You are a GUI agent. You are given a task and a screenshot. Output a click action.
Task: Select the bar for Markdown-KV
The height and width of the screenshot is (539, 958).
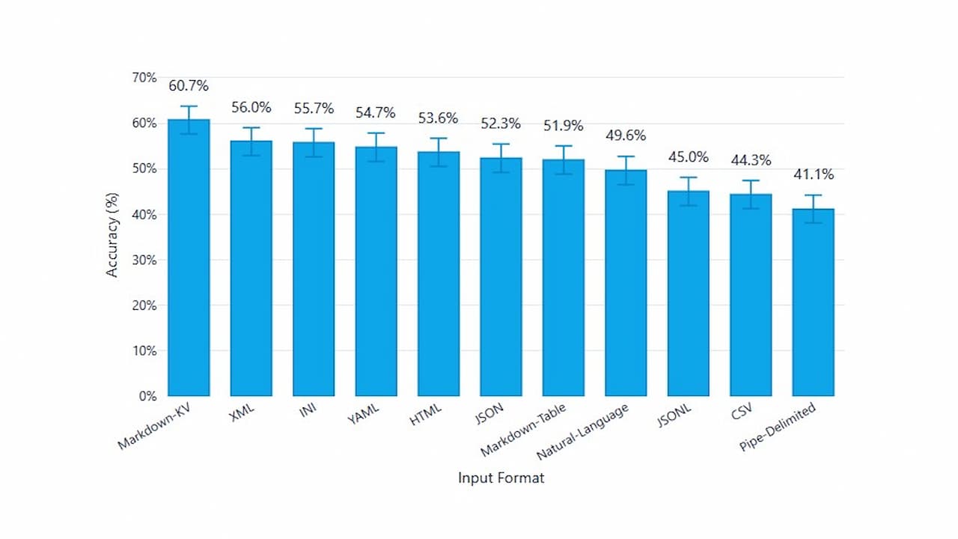(189, 258)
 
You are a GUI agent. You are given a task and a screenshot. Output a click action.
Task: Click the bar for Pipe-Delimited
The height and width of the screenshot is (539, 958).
(813, 302)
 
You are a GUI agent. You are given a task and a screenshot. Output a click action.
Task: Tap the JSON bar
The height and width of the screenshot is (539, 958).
(501, 277)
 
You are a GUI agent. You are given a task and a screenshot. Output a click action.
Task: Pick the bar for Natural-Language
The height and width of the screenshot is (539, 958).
(626, 283)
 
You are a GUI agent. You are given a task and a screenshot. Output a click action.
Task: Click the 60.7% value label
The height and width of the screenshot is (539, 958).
(189, 86)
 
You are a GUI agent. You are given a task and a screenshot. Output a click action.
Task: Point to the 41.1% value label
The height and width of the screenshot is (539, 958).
(813, 174)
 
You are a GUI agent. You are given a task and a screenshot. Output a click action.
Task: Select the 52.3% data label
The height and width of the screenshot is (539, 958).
(501, 124)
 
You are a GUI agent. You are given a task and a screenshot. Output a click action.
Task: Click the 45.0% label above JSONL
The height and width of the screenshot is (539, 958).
(689, 156)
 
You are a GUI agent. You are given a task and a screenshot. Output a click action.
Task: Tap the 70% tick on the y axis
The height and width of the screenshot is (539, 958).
(144, 78)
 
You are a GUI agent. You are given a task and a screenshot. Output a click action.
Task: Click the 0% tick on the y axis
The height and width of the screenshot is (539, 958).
(147, 396)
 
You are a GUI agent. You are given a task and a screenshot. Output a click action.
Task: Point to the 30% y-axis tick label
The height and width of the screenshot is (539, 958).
(144, 260)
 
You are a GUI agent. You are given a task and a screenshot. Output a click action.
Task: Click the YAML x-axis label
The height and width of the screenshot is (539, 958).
(364, 414)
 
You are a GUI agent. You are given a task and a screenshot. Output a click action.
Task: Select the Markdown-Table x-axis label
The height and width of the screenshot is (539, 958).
(523, 430)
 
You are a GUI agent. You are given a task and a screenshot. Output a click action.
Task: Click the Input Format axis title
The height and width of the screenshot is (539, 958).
(501, 478)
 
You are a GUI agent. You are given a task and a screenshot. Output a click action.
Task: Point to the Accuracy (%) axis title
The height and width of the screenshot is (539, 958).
(112, 237)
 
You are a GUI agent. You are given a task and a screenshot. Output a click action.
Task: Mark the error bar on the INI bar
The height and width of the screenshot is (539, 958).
(314, 142)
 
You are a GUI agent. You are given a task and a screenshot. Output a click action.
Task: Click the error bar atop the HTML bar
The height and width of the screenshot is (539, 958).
(439, 152)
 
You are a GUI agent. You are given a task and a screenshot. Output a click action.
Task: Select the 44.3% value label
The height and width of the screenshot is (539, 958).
(751, 159)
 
